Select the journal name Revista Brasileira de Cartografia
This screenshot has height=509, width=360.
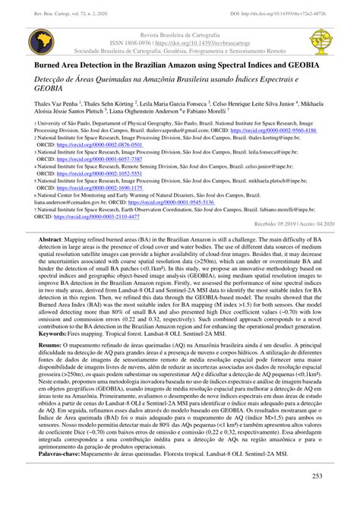click(179, 35)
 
